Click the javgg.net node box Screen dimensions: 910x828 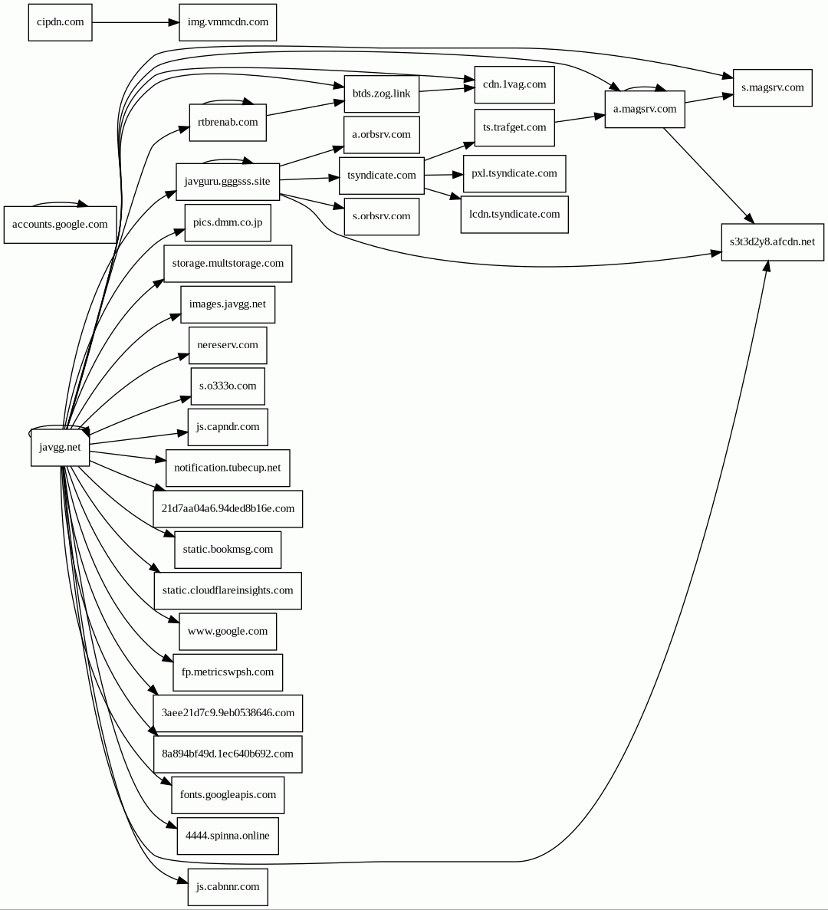[x=60, y=448]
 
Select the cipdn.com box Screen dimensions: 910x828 [x=60, y=22]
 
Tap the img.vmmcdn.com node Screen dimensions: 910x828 [x=228, y=22]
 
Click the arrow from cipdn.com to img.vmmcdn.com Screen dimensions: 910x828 [x=135, y=22]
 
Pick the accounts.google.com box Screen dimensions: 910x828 [x=60, y=225]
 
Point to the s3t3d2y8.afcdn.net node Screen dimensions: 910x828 [x=772, y=241]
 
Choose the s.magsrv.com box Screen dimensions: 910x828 [x=772, y=87]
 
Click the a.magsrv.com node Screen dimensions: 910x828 [x=645, y=109]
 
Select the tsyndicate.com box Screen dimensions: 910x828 [x=381, y=176]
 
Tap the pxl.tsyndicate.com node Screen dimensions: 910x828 [x=514, y=173]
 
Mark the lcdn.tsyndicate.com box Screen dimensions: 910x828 [x=514, y=214]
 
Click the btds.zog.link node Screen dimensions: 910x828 [x=381, y=94]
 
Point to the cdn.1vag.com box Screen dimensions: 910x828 [x=514, y=84]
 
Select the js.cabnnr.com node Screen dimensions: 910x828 [x=228, y=887]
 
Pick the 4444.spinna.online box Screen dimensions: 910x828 [x=227, y=836]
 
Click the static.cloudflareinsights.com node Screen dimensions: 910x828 [x=228, y=590]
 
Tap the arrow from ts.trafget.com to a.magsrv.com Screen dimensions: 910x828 [x=580, y=119]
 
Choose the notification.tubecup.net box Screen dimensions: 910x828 [x=228, y=468]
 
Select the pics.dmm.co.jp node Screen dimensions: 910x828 [x=228, y=223]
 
